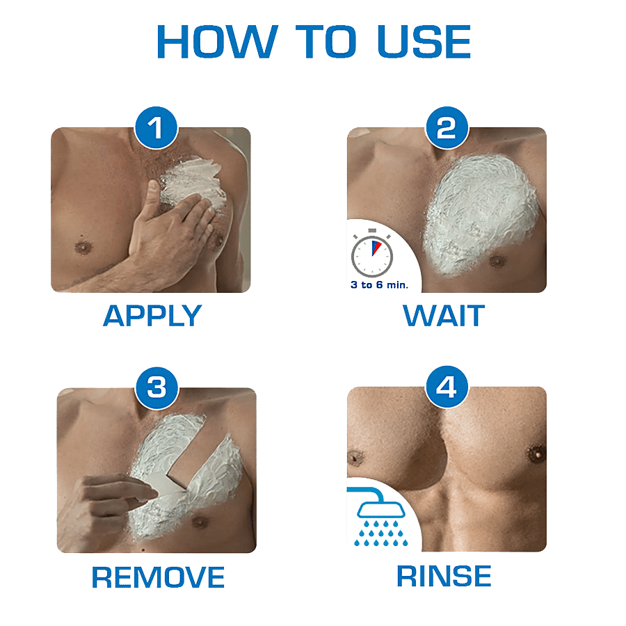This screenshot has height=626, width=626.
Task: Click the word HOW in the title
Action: tap(217, 42)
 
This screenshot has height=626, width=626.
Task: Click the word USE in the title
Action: tap(424, 42)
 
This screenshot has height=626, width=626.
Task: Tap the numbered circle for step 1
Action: tap(156, 128)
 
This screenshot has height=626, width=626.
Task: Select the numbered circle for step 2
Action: tap(447, 128)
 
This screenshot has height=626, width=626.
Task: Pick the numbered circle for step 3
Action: tap(157, 387)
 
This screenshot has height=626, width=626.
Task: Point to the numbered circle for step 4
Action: tap(447, 387)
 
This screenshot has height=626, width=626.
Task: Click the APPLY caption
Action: tap(152, 316)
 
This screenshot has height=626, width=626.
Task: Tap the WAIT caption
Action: tap(444, 315)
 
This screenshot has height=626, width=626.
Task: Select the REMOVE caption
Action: tap(158, 577)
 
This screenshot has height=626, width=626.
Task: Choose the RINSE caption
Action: tap(444, 576)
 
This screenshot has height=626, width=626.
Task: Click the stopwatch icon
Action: tap(371, 253)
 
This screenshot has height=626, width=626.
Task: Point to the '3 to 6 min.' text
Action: tap(379, 285)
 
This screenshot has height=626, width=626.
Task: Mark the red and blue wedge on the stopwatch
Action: tap(376, 248)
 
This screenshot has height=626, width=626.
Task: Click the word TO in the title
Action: tap(326, 42)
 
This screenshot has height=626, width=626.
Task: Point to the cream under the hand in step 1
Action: tap(192, 179)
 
